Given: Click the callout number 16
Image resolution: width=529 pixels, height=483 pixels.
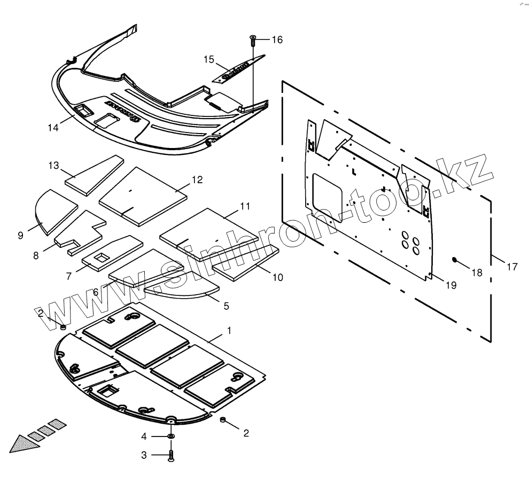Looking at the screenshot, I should pyautogui.click(x=277, y=40).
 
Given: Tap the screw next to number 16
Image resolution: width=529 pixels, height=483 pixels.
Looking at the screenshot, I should pyautogui.click(x=253, y=39).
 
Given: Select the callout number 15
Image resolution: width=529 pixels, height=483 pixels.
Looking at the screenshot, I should pyautogui.click(x=208, y=59).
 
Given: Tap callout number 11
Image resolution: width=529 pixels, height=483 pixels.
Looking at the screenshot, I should pyautogui.click(x=245, y=206).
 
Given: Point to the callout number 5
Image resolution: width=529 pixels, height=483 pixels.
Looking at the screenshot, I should pyautogui.click(x=226, y=306).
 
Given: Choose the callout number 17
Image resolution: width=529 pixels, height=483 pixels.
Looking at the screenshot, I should pyautogui.click(x=512, y=267).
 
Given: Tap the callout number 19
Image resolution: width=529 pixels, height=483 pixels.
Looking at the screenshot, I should pyautogui.click(x=451, y=285).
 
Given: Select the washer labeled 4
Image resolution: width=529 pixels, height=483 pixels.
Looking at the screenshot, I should pyautogui.click(x=171, y=437).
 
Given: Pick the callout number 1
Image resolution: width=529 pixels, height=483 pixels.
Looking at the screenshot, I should pyautogui.click(x=229, y=331).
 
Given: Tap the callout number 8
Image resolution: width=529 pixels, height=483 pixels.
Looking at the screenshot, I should pyautogui.click(x=36, y=255).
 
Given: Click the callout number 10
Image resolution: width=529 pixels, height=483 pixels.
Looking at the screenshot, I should pyautogui.click(x=277, y=277).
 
